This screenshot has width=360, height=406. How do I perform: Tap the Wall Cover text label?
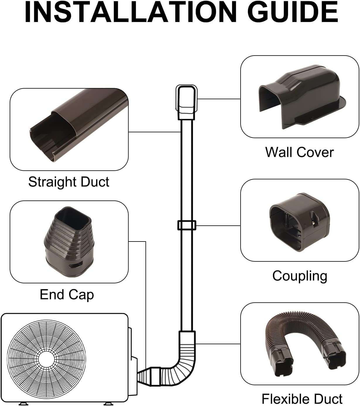coord(299,152)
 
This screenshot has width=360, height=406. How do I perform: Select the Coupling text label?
coord(300,276)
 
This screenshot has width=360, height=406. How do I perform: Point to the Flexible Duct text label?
coord(302,399)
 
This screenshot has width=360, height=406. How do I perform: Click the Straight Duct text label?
coord(68,182)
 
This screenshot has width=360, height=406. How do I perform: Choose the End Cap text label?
coord(67,294)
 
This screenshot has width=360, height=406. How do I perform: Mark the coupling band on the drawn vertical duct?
coord(186,225)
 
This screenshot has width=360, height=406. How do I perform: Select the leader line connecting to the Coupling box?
coord(218,226)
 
